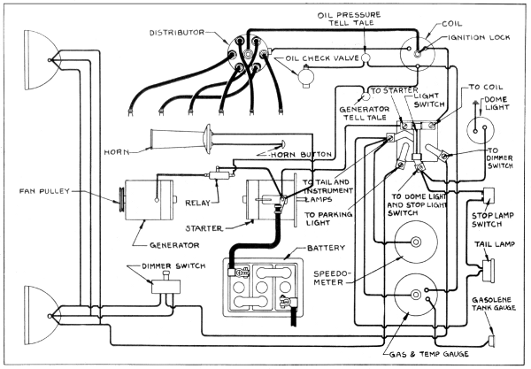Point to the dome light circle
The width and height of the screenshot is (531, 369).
(482, 124)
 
